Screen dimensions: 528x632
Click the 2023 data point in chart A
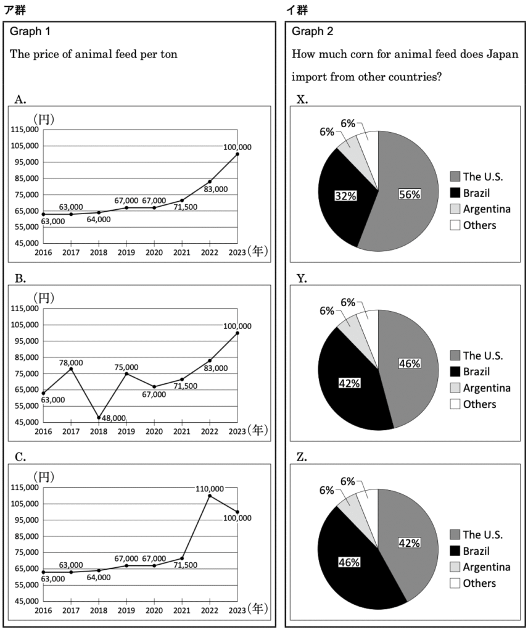click(x=237, y=154)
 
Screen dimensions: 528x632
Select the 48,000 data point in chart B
click(x=99, y=418)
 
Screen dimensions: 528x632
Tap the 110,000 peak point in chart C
click(x=210, y=496)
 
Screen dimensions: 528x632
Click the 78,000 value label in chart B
click(x=71, y=363)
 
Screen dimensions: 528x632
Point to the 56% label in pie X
click(x=410, y=194)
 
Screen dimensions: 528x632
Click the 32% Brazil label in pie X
click(x=345, y=196)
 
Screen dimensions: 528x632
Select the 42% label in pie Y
click(x=349, y=383)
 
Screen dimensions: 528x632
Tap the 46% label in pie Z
click(x=349, y=562)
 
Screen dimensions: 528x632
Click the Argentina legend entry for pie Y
click(x=480, y=388)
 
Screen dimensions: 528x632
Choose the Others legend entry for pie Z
click(x=473, y=583)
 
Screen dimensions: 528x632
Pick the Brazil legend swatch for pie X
click(x=455, y=193)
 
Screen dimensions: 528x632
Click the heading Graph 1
click(x=30, y=31)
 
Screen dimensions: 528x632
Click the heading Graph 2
click(x=313, y=31)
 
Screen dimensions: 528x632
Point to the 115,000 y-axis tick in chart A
click(x=25, y=130)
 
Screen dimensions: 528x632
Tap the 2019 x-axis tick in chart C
click(x=126, y=610)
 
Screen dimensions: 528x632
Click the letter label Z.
click(x=302, y=457)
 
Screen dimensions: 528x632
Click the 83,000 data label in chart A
click(x=215, y=189)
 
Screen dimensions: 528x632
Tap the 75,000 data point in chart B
click(x=126, y=373)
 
